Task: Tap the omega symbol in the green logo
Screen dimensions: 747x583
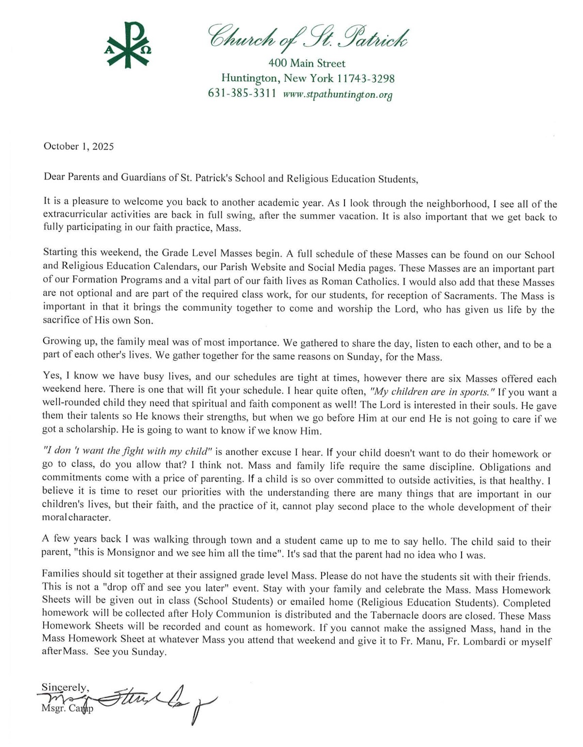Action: click(x=146, y=50)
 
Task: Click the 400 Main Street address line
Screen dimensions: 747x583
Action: click(x=307, y=63)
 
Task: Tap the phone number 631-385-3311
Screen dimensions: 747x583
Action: click(x=242, y=93)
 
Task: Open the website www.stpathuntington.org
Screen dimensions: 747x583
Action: click(x=337, y=94)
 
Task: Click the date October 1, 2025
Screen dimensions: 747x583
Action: click(x=79, y=146)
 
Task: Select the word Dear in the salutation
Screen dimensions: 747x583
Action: click(x=54, y=177)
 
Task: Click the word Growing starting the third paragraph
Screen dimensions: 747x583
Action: click(x=60, y=341)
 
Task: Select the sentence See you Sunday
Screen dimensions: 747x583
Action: click(x=130, y=652)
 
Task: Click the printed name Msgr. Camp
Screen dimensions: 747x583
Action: click(x=68, y=709)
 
